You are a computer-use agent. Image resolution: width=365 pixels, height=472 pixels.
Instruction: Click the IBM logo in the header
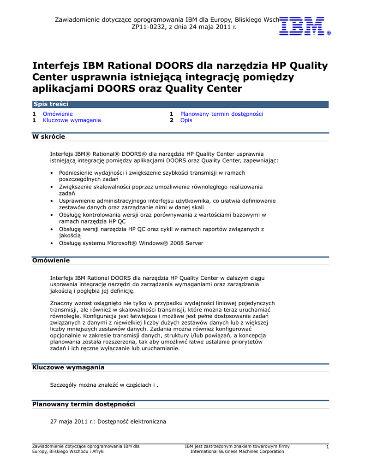tap(305, 26)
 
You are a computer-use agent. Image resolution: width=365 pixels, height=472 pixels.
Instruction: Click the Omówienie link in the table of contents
tap(58, 114)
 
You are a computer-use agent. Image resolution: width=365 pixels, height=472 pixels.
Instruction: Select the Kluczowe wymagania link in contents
tap(72, 120)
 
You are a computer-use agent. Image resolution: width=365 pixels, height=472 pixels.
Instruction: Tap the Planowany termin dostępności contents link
tap(221, 114)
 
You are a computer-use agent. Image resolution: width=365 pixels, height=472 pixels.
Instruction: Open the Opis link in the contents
tap(186, 120)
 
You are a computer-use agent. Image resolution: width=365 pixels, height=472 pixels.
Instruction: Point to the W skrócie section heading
tap(48, 137)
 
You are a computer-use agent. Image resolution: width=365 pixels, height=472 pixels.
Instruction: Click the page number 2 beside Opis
tap(171, 120)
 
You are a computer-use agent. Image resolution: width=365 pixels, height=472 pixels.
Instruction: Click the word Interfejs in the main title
tap(56, 65)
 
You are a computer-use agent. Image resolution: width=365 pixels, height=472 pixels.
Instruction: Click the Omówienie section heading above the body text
tap(51, 260)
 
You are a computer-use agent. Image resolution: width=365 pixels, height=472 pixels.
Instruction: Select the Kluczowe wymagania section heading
tap(68, 367)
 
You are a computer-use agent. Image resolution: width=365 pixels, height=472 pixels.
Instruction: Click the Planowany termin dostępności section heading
tap(83, 404)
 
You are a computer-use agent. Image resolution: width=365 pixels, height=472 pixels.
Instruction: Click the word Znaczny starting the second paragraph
tap(61, 303)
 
